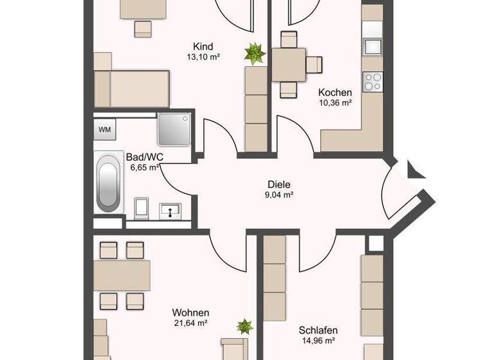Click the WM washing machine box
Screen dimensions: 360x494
point(104,129)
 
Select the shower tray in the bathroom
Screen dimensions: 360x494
point(174,130)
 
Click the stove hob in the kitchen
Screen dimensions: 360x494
point(372,81)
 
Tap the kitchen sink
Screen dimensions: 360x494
point(372,46)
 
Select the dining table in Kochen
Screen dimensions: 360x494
point(289,64)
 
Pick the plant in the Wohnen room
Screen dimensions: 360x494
point(244,327)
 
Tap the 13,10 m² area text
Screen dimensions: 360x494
point(203,57)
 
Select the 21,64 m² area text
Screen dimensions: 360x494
point(190,323)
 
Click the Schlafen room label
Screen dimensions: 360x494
point(318,330)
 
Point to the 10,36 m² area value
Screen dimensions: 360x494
point(334,102)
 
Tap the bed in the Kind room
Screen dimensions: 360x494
point(132,89)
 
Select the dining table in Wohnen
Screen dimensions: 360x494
point(122,274)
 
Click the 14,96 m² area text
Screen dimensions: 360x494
point(318,341)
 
